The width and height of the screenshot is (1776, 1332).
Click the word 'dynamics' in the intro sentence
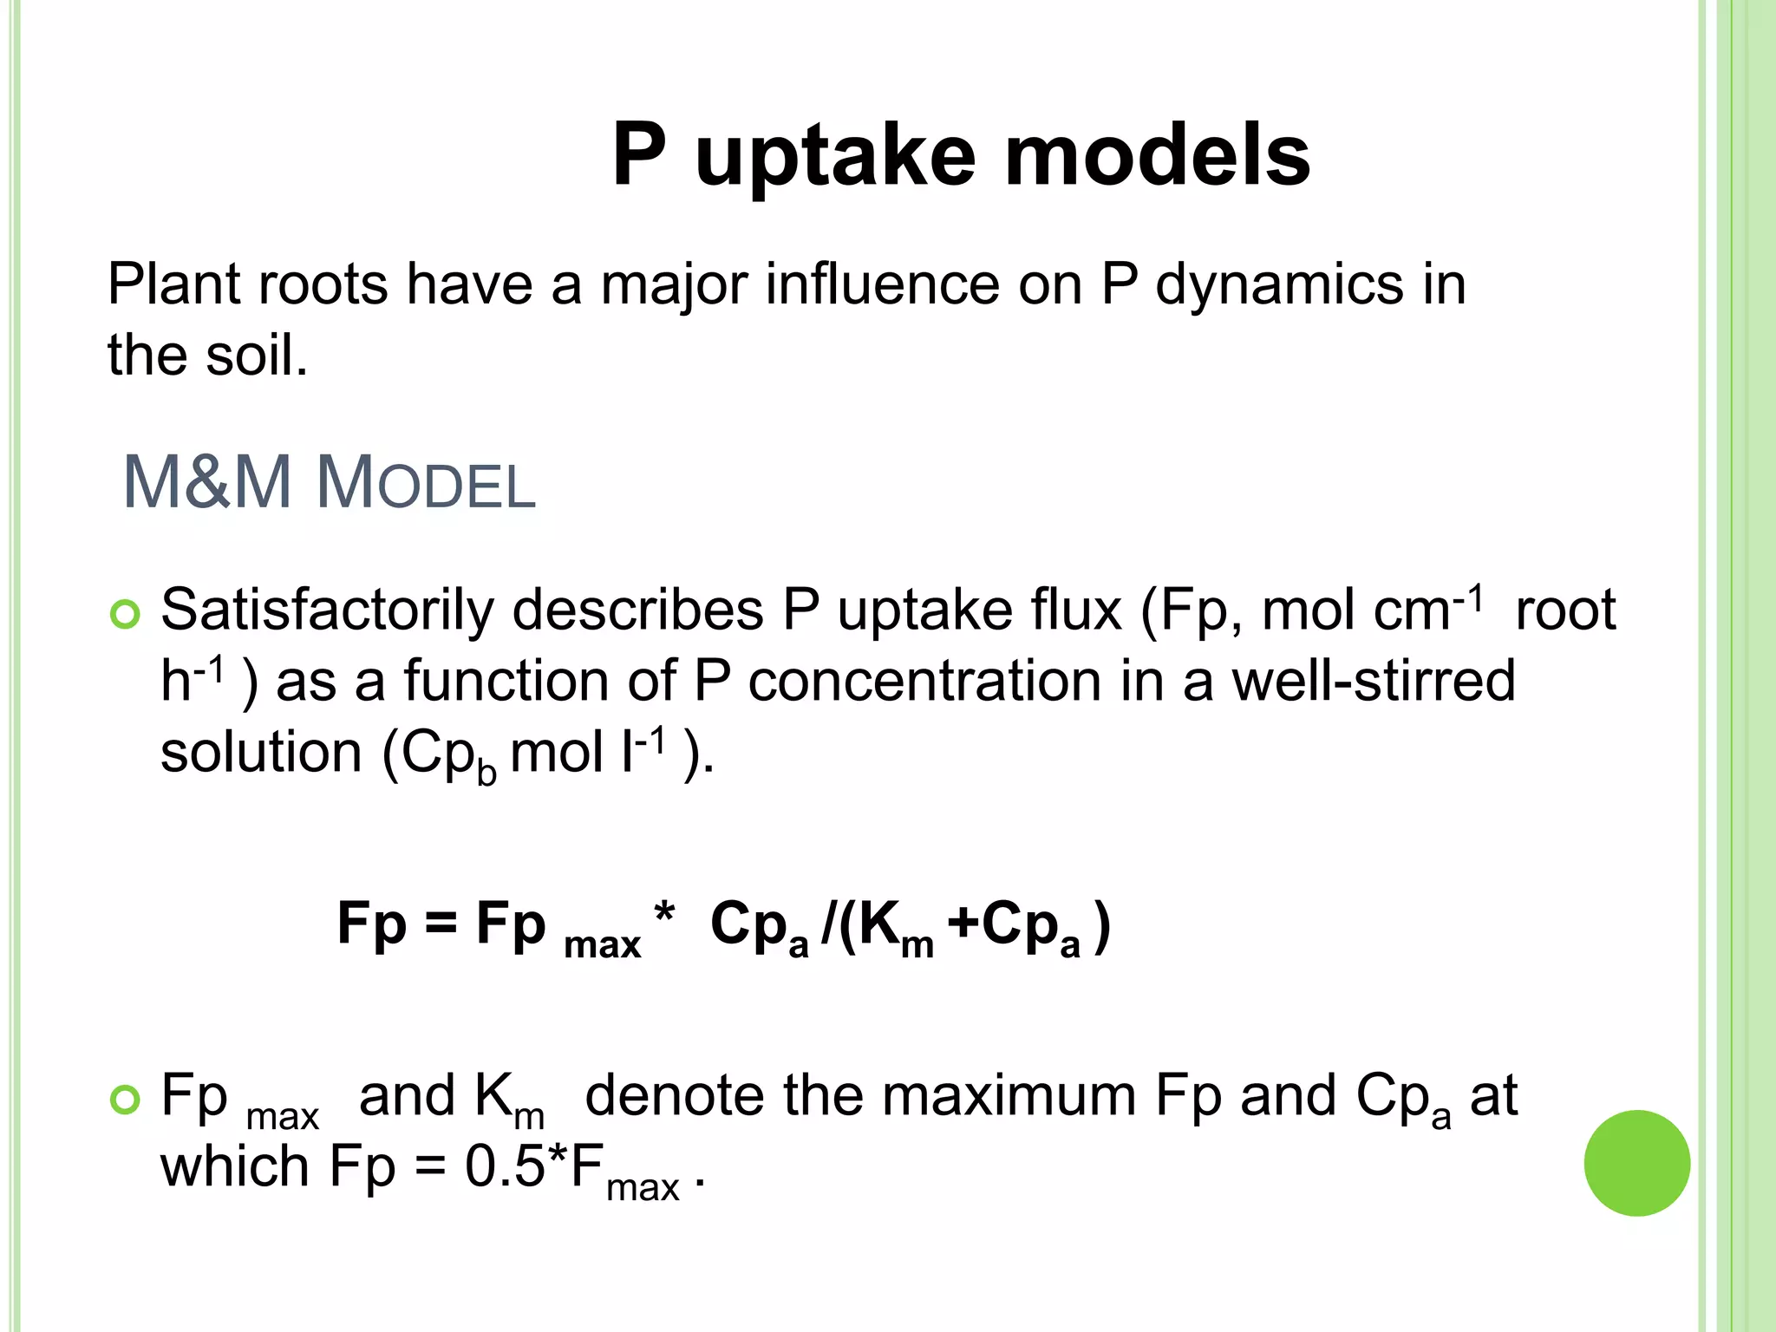coord(1279,286)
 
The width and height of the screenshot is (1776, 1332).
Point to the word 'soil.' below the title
coord(257,356)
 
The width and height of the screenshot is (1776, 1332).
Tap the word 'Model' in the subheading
coord(426,484)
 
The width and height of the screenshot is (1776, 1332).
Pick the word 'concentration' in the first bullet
coord(924,682)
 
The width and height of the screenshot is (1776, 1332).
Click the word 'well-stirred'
coord(1374,682)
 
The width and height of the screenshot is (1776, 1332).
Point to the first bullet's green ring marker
coord(126,615)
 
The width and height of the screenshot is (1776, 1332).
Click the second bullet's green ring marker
coord(126,1100)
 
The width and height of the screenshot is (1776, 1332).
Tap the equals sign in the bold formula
coord(441,924)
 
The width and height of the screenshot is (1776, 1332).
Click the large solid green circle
coord(1636,1163)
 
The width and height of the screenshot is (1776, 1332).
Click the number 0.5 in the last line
coord(504,1167)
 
